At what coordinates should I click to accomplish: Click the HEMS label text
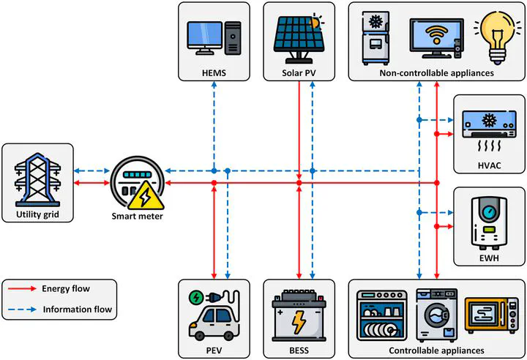pyautogui.click(x=214, y=73)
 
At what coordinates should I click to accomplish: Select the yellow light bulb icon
pyautogui.click(x=494, y=37)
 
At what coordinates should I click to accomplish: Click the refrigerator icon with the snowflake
pyautogui.click(x=375, y=38)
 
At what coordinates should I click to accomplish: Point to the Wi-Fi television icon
pyautogui.click(x=436, y=39)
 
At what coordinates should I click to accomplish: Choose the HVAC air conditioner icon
pyautogui.click(x=489, y=130)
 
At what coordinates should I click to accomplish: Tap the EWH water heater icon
pyautogui.click(x=489, y=223)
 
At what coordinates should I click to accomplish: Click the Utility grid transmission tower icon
pyautogui.click(x=37, y=179)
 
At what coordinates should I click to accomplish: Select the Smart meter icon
pyautogui.click(x=138, y=183)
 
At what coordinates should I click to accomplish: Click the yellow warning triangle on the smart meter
pyautogui.click(x=146, y=196)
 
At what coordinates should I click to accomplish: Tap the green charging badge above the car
pyautogui.click(x=196, y=298)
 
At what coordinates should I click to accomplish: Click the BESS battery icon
pyautogui.click(x=299, y=315)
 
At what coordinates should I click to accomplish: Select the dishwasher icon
pyautogui.click(x=381, y=315)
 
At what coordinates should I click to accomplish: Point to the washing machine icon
pyautogui.click(x=436, y=315)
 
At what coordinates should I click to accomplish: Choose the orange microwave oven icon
pyautogui.click(x=491, y=315)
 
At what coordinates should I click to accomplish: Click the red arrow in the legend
pyautogui.click(x=22, y=288)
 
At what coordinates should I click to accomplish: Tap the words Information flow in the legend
pyautogui.click(x=78, y=310)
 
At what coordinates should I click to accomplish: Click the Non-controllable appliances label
pyautogui.click(x=436, y=73)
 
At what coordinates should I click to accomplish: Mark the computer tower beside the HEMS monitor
pyautogui.click(x=233, y=38)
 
